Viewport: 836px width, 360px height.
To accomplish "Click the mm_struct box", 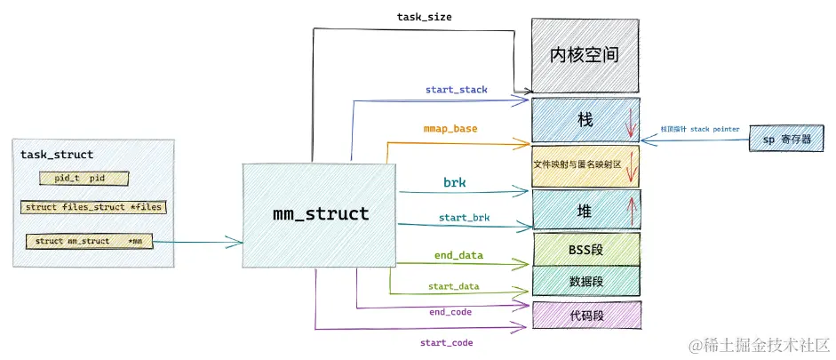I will click(319, 215).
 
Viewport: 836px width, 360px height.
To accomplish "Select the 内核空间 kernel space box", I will click(585, 55).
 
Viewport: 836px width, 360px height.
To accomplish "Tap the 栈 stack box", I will click(585, 118).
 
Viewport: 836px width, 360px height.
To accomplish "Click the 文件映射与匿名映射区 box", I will click(585, 164).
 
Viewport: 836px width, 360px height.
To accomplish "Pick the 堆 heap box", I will click(585, 211).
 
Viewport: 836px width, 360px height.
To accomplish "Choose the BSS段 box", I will click(585, 250).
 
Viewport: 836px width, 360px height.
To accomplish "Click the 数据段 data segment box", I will click(585, 281).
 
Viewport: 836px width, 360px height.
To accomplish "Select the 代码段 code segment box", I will click(585, 315).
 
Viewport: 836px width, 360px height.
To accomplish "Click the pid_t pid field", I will click(84, 179).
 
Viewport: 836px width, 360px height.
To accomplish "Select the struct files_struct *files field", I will click(94, 208).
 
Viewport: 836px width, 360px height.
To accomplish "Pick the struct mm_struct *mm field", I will click(88, 241).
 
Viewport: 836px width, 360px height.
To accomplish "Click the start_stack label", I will click(456, 89).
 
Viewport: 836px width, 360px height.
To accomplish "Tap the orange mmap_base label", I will click(450, 129).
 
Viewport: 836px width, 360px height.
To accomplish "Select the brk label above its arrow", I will click(455, 182).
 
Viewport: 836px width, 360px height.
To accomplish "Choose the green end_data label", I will click(458, 256).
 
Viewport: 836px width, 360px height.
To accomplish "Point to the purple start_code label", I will click(446, 342).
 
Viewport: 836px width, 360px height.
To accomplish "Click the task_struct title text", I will click(57, 155).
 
